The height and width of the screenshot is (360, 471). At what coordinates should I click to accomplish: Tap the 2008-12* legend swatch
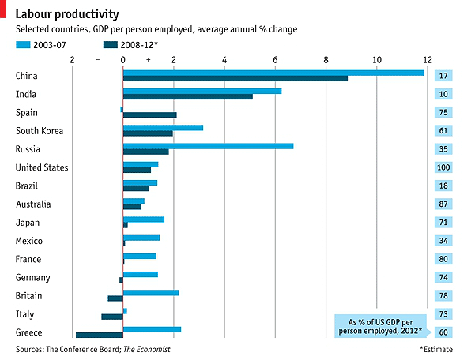[110, 45]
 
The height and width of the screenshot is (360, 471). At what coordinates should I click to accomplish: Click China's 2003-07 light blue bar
[273, 73]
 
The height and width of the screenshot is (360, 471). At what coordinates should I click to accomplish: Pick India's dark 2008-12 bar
[188, 97]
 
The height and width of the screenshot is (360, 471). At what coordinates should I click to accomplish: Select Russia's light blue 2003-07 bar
[208, 146]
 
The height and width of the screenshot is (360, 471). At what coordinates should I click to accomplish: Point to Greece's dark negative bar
[99, 336]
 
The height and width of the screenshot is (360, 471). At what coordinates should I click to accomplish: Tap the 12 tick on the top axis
[428, 60]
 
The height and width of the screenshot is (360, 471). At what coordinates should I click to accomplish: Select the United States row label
[42, 167]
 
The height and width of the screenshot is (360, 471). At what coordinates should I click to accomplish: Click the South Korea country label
[40, 131]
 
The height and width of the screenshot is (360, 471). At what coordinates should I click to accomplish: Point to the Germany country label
[32, 277]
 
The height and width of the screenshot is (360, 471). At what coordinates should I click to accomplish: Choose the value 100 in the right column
[443, 168]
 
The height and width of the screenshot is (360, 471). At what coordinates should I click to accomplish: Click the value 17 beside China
[443, 77]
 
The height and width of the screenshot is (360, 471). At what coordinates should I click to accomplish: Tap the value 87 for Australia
[443, 204]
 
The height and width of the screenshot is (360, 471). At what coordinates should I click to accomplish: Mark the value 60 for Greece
[443, 332]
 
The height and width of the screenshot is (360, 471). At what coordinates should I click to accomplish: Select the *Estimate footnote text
[435, 349]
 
